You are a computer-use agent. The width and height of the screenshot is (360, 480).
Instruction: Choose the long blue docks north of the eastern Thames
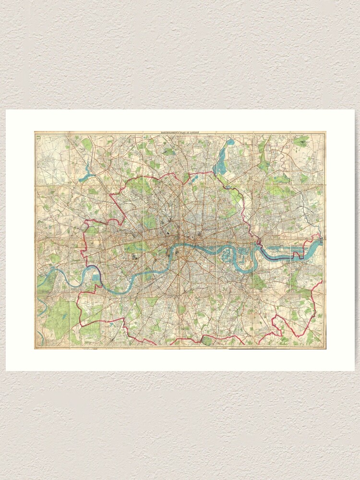283,245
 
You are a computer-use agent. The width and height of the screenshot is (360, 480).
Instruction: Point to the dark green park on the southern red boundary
206,340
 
